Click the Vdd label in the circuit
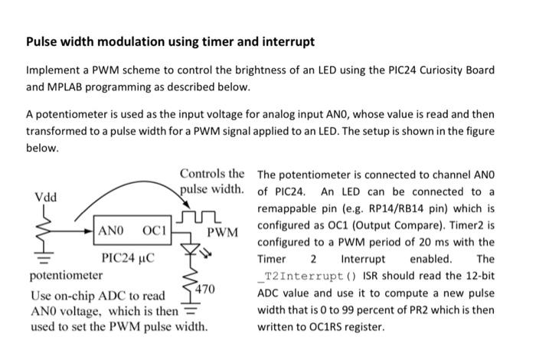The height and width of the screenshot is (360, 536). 44,198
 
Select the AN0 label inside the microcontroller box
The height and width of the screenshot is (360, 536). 111,231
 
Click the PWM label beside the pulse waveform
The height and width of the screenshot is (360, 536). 223,231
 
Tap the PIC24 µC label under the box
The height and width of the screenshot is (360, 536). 128,257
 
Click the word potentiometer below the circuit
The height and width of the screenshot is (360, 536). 66,274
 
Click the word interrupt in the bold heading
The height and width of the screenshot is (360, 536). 286,41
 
